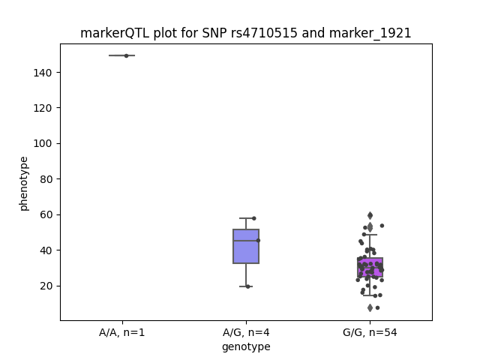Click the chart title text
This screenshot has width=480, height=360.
(x=245, y=33)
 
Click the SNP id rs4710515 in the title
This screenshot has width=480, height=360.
(x=264, y=33)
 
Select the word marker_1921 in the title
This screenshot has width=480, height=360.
(x=370, y=33)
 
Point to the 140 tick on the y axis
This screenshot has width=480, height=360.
(x=43, y=73)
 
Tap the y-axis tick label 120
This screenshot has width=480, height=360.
(x=43, y=108)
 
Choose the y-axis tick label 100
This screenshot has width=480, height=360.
(x=43, y=143)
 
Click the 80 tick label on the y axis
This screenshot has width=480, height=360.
(x=46, y=179)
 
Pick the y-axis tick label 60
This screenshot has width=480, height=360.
(x=46, y=214)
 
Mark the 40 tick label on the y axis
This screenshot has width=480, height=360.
(x=46, y=250)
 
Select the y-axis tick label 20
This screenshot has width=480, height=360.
(x=46, y=286)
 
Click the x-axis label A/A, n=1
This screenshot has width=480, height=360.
(x=121, y=332)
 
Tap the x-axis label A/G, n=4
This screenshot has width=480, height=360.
(x=246, y=332)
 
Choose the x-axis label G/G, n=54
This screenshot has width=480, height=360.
(x=370, y=332)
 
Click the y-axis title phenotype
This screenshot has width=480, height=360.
(x=24, y=184)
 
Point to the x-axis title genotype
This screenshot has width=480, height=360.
(x=246, y=346)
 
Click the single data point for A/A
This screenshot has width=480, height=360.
(x=126, y=55)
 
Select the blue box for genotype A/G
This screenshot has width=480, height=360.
(x=246, y=246)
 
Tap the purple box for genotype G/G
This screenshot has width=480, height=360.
(x=370, y=267)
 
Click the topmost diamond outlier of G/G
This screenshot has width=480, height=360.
(x=370, y=215)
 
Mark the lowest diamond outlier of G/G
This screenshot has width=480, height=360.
(x=370, y=307)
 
